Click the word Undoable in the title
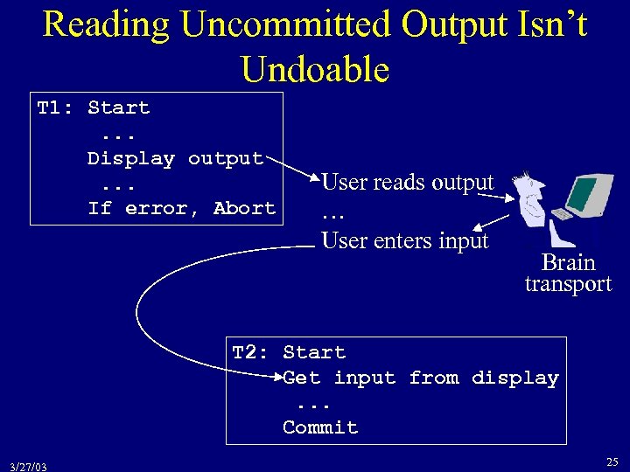tap(315, 68)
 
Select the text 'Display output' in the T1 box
tap(175, 159)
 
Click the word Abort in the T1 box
tap(244, 209)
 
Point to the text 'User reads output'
tap(408, 183)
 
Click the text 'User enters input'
tap(404, 239)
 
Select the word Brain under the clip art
tap(568, 262)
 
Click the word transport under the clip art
tap(568, 284)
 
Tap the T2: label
tap(250, 353)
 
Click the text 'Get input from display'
tap(420, 378)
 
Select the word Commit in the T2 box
tap(320, 428)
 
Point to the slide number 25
tap(611, 461)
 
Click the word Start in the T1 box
tap(119, 108)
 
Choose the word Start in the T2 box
tap(314, 353)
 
